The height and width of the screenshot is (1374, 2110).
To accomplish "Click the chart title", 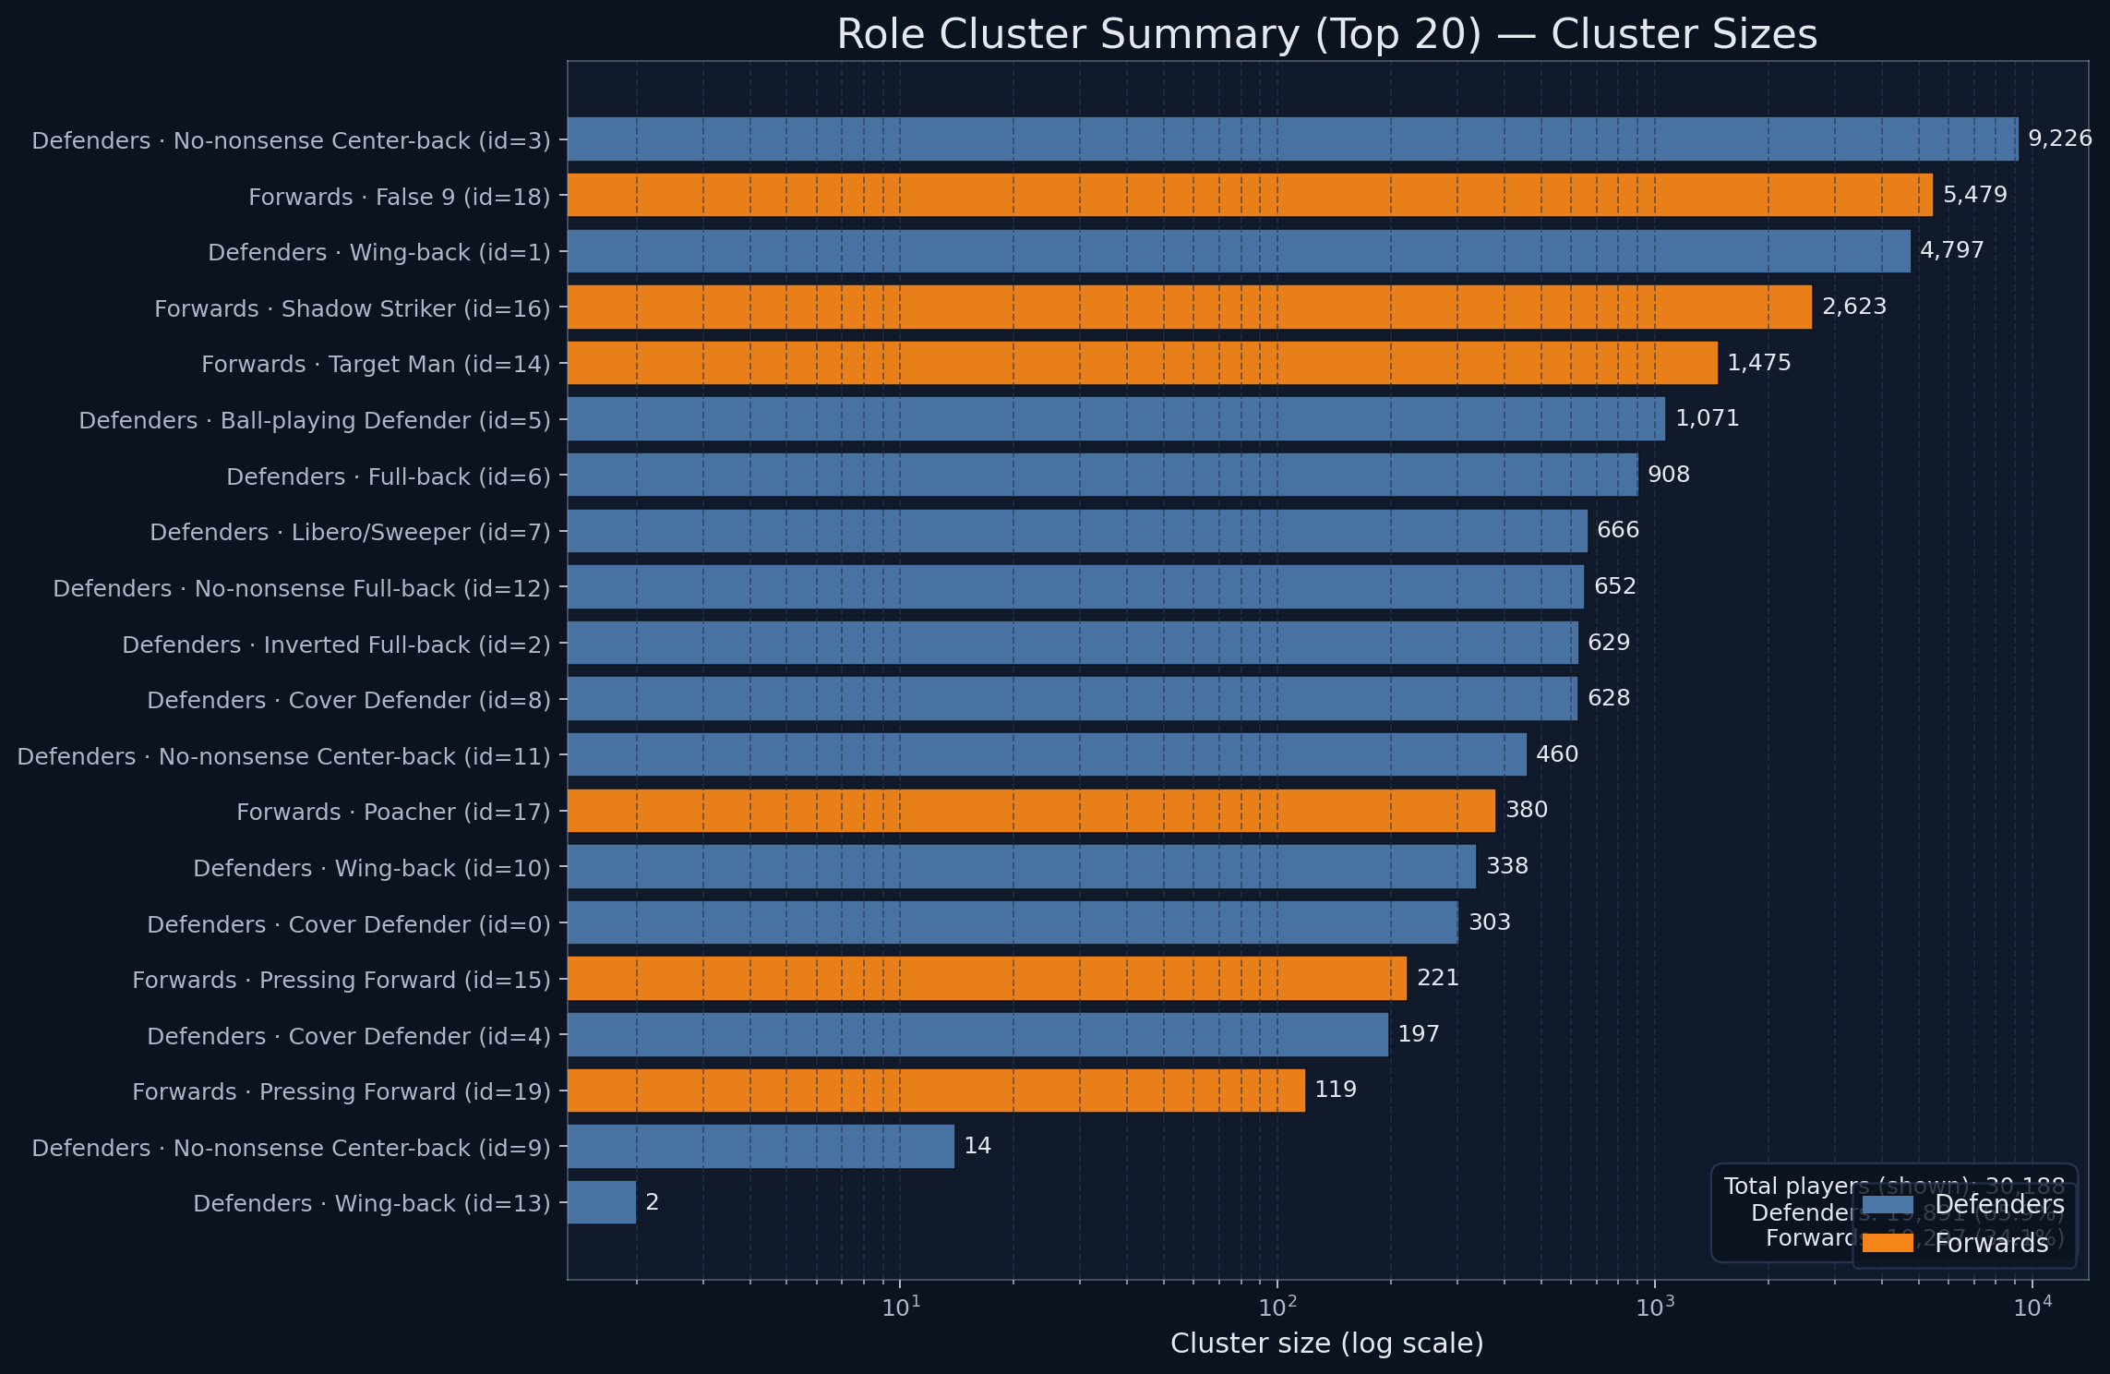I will [1326, 35].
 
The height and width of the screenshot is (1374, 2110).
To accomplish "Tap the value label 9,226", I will [2059, 139].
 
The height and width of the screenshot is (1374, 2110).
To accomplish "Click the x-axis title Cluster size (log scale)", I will [1326, 1344].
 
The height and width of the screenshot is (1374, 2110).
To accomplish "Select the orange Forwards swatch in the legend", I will [1887, 1243].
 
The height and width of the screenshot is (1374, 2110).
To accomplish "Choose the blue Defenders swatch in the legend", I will [1887, 1205].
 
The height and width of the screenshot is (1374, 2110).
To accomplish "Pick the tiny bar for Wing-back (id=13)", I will [602, 1202].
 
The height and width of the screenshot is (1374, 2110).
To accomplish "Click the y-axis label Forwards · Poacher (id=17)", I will [393, 813].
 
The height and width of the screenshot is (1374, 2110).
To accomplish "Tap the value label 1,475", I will [1758, 363].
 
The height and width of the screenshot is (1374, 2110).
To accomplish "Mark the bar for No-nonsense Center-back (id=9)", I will [761, 1146].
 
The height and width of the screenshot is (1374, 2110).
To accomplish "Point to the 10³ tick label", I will [1655, 1307].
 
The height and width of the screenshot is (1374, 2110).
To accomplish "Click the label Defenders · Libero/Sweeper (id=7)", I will [350, 533].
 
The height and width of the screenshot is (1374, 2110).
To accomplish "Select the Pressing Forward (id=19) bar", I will [936, 1091].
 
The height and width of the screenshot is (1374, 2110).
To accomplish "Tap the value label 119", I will [1335, 1090].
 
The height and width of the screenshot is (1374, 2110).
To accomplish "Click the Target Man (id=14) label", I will [376, 365].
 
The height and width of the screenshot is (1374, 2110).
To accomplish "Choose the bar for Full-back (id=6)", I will [1102, 475].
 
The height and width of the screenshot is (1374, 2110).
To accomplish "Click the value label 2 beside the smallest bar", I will [652, 1202].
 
